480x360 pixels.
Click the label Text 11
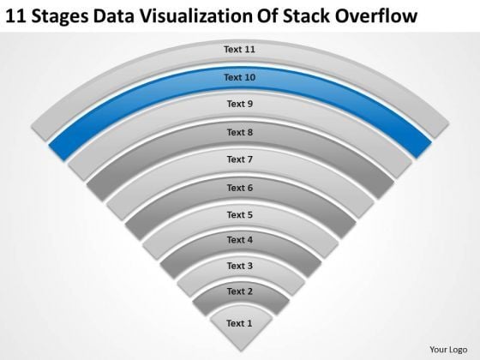point(239,50)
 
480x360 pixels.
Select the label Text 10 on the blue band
point(239,77)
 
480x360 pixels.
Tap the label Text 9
point(239,105)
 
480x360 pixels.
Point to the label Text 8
point(239,132)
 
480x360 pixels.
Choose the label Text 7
point(239,159)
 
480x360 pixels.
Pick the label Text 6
point(239,187)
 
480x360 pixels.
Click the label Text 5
point(239,214)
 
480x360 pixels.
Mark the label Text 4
point(239,240)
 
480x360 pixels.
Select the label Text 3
point(239,267)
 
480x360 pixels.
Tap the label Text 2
point(239,292)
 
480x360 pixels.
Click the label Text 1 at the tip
point(239,323)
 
